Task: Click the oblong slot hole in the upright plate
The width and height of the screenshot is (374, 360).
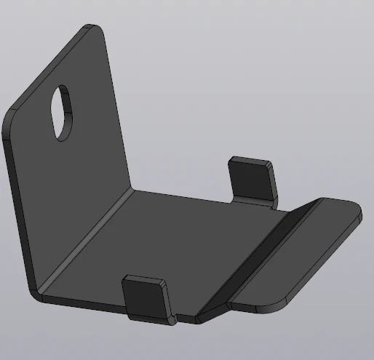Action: coord(63,113)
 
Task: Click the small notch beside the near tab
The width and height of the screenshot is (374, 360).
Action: coord(185,318)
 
